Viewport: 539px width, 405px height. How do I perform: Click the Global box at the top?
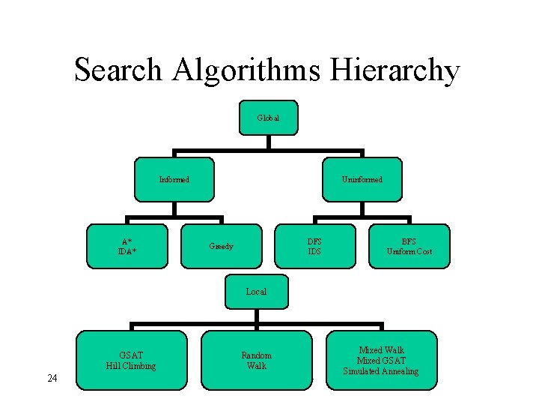click(268, 118)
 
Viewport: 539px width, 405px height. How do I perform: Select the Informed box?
click(174, 179)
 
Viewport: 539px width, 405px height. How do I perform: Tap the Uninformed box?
click(362, 179)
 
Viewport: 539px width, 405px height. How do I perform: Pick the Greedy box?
click(222, 246)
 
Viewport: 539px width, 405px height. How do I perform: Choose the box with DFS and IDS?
click(314, 246)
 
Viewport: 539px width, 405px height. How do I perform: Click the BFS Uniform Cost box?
click(409, 246)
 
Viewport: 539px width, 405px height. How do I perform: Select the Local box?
click(256, 291)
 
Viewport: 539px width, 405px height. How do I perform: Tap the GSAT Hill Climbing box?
click(131, 360)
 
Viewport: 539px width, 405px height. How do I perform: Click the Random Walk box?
click(256, 360)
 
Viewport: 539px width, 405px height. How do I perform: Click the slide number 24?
click(52, 378)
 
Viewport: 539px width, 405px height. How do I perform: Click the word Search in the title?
click(118, 70)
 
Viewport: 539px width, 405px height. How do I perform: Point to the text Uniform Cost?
click(409, 251)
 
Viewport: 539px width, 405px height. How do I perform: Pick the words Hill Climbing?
click(131, 366)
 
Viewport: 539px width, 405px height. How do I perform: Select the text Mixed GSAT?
click(381, 361)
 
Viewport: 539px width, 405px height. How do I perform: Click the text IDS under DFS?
click(314, 251)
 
